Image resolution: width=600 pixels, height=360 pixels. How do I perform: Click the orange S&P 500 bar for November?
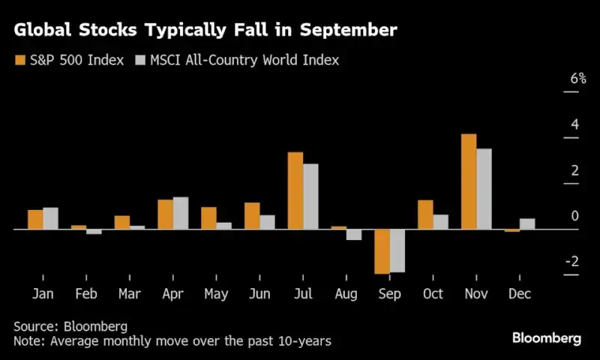pos(469,181)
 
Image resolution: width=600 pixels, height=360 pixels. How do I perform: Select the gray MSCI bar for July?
pos(310,196)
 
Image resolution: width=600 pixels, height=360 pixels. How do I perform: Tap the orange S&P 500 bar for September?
pos(382,251)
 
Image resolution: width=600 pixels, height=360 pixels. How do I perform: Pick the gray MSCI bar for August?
pos(354,234)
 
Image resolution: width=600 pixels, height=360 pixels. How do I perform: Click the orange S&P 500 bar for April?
pos(166,214)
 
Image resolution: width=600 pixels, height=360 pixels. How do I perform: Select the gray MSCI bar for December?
pos(527,223)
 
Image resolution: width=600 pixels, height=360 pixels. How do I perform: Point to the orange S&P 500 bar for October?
pos(425,214)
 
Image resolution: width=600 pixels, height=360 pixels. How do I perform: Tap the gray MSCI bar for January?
pos(50,218)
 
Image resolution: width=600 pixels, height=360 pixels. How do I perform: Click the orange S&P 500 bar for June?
pos(252,216)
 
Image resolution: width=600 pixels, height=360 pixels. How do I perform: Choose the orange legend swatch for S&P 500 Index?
pos(20,60)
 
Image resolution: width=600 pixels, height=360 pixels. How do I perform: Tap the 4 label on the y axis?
pos(574,124)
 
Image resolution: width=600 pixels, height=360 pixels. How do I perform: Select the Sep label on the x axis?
pos(389,294)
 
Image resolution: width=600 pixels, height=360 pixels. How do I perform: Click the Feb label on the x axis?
pos(86,294)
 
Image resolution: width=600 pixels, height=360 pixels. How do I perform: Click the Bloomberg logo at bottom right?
pos(546,338)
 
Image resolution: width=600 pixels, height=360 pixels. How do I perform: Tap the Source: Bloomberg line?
pos(70,326)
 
